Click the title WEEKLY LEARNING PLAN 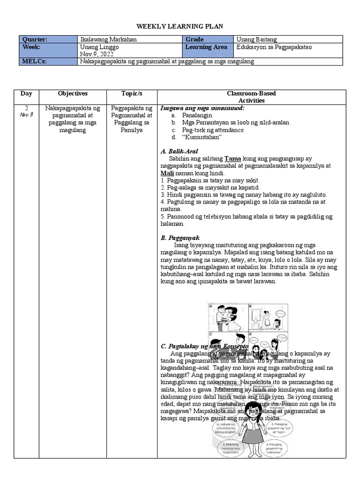180,27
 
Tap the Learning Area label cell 206,47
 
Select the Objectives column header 73,94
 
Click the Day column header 26,94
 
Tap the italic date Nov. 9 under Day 27,115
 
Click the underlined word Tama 232,159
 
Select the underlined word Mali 167,173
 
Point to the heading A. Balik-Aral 179,151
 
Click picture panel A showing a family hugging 228,317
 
